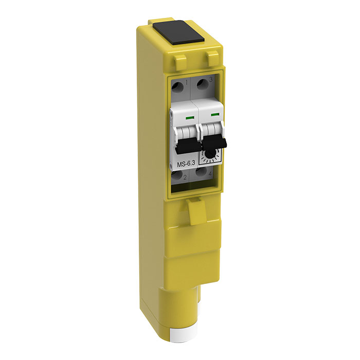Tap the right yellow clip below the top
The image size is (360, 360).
(x=211, y=58)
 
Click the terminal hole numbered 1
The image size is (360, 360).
(x=178, y=87)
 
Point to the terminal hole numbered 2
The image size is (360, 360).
(x=176, y=175)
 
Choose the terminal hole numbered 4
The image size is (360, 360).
(x=202, y=172)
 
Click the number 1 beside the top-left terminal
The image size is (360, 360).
(x=187, y=82)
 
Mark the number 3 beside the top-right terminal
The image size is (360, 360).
(x=211, y=80)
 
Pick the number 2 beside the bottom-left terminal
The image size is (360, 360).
(x=185, y=177)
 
